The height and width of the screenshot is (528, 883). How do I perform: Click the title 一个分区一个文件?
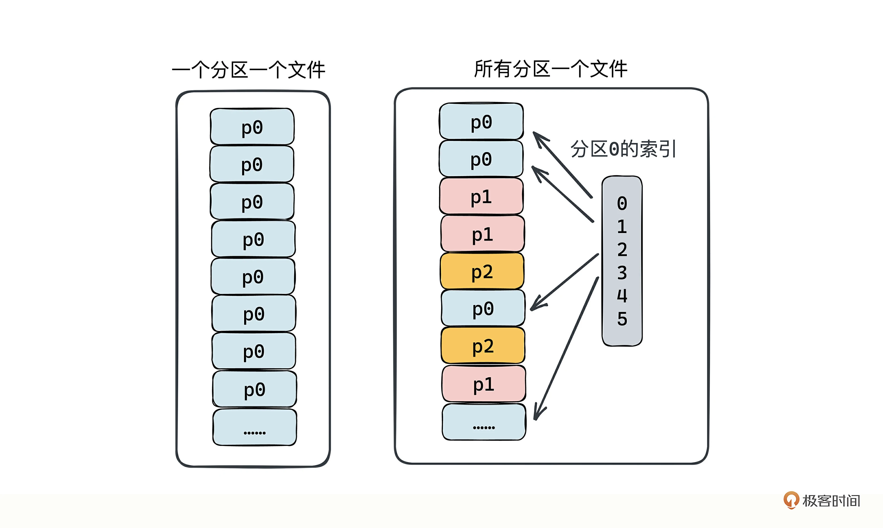point(249,70)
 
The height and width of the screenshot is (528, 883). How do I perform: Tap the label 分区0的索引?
point(623,149)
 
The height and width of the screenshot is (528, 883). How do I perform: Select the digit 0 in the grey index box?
point(622,204)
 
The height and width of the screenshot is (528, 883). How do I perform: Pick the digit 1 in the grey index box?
point(622,227)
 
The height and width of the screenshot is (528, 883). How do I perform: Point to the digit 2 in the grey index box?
point(622,250)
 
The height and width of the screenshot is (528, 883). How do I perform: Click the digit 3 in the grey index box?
point(622,273)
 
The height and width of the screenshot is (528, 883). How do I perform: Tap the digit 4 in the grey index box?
point(622,296)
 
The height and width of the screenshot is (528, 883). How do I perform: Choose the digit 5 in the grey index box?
point(622,319)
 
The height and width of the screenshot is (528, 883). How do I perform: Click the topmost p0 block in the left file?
point(252,127)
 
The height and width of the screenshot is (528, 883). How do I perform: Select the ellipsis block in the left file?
point(255,427)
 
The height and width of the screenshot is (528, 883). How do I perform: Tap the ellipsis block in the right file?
point(484,422)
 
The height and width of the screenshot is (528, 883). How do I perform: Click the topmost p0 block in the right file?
point(481,121)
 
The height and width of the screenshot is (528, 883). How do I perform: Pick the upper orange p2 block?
point(482,271)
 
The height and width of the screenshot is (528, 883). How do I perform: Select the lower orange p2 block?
point(483,345)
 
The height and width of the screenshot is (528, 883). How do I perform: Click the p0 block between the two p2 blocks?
point(483,308)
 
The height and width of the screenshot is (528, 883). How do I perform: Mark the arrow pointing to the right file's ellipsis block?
point(566,349)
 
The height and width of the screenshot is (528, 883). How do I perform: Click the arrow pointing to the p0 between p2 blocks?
point(564,282)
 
